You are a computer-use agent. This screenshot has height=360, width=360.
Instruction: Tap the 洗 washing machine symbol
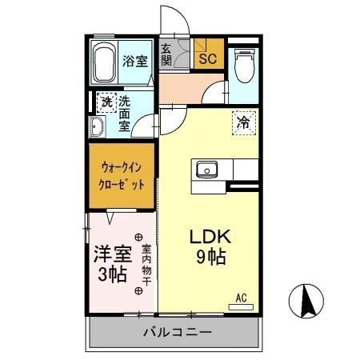click(x=106, y=102)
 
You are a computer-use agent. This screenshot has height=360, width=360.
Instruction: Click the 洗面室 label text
click(x=126, y=112)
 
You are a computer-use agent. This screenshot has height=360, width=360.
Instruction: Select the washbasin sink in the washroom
click(x=97, y=127)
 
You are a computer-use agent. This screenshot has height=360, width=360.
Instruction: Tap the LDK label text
click(x=210, y=238)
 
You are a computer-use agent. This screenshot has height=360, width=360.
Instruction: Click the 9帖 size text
click(x=210, y=258)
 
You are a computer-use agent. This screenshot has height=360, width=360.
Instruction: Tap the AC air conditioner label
click(x=241, y=298)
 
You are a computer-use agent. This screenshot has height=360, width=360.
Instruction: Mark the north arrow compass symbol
click(x=306, y=302)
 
